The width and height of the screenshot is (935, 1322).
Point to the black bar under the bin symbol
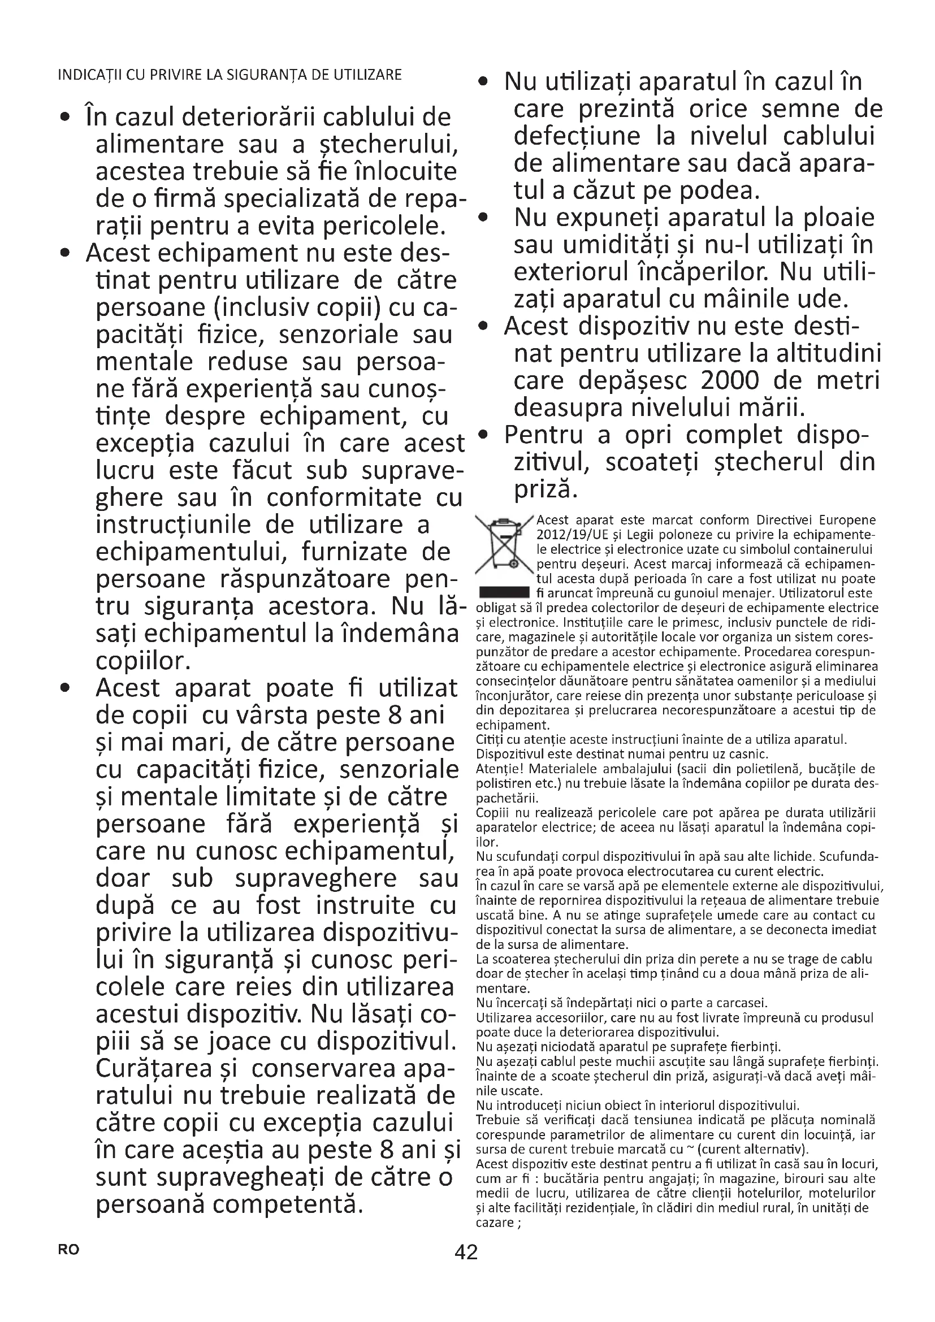(x=504, y=592)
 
